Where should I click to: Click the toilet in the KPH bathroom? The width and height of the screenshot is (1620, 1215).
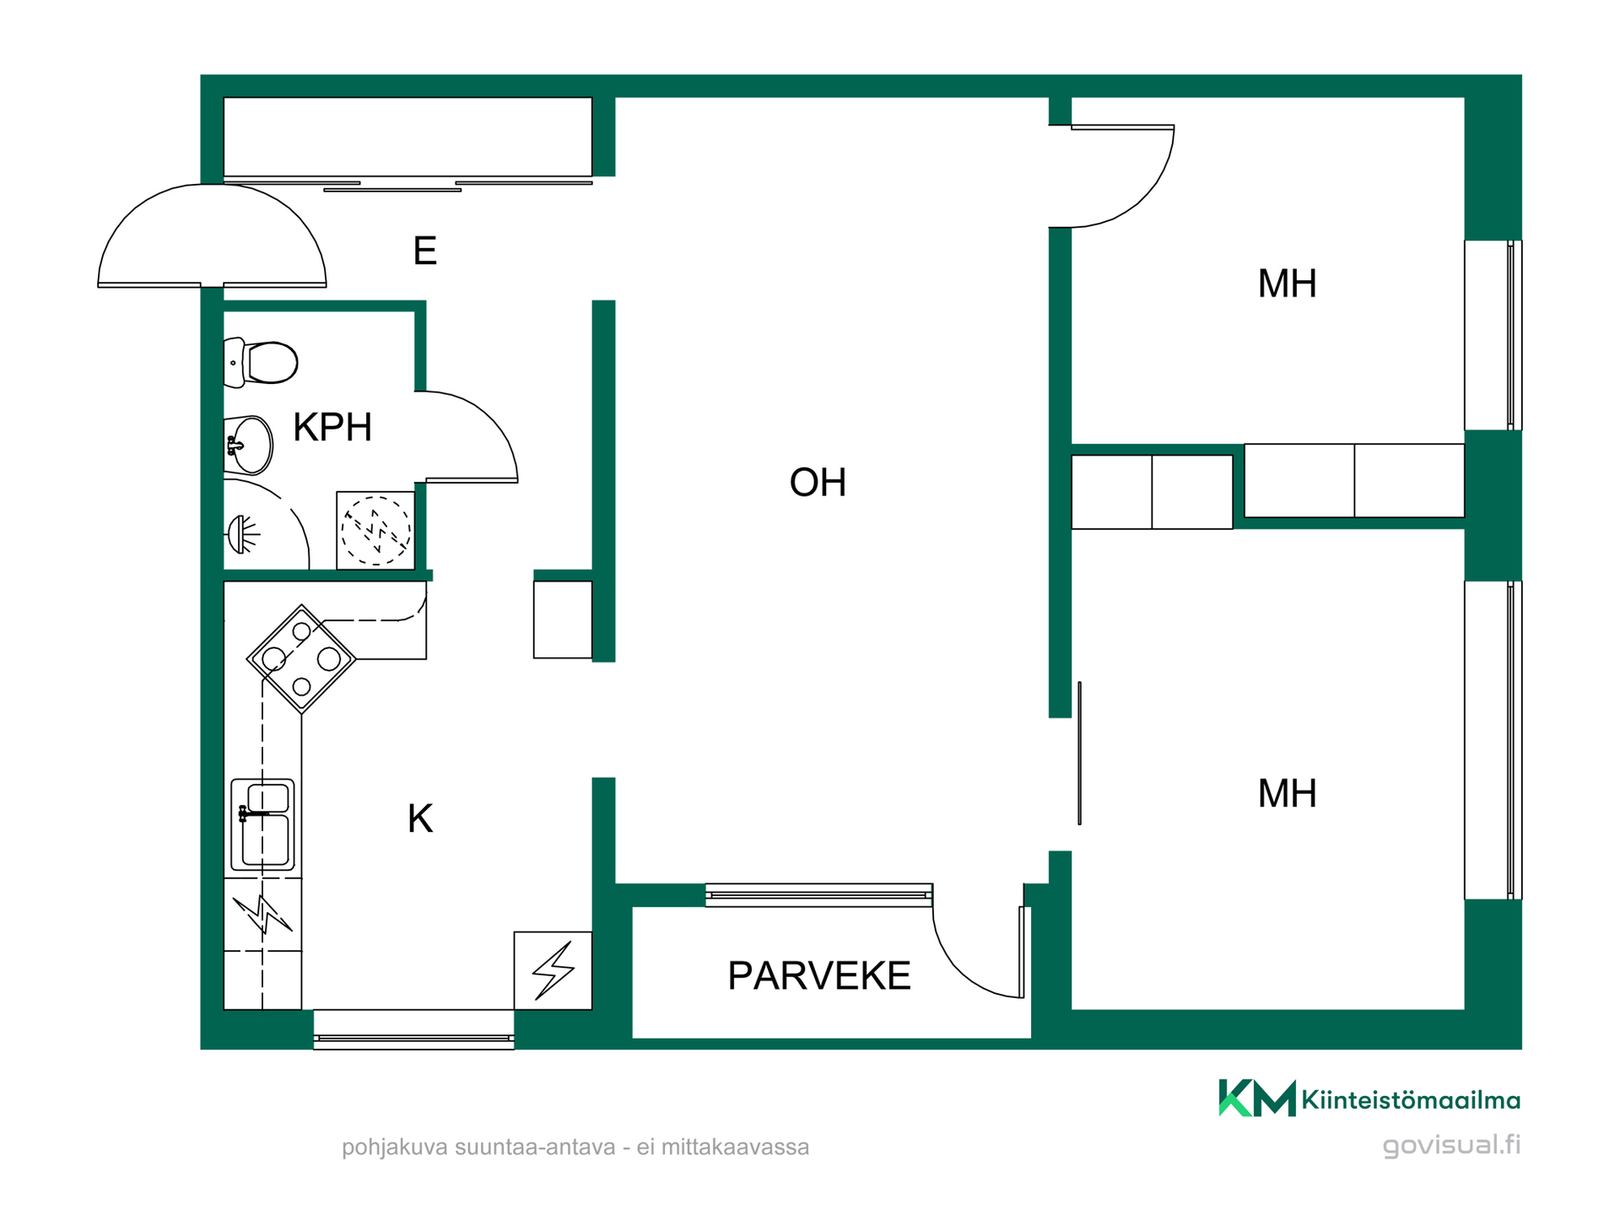(x=261, y=363)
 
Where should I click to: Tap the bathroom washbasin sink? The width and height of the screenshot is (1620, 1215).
(x=249, y=445)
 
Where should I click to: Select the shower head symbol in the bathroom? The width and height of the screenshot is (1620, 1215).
(x=243, y=534)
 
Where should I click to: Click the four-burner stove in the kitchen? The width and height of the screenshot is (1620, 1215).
(x=301, y=659)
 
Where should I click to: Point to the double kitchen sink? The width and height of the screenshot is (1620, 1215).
(x=262, y=824)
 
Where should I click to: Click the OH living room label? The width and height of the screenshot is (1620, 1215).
(x=818, y=483)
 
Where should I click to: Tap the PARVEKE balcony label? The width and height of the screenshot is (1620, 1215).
(x=819, y=976)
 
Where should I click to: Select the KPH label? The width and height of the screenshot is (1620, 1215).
(x=332, y=428)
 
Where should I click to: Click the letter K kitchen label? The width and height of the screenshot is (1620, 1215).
(x=420, y=818)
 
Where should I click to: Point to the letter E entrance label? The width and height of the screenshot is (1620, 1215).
(x=425, y=251)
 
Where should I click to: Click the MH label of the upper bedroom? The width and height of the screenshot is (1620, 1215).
(x=1287, y=283)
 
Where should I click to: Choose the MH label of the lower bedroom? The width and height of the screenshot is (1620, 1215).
(x=1287, y=794)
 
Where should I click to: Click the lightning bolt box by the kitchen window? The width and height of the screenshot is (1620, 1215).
(x=553, y=970)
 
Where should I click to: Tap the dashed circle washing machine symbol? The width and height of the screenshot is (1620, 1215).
(x=376, y=531)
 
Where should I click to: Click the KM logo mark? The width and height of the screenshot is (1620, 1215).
(x=1257, y=1098)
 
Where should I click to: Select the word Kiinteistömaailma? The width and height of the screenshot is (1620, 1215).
(x=1411, y=1100)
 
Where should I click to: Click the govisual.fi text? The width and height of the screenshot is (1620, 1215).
(x=1451, y=1145)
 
